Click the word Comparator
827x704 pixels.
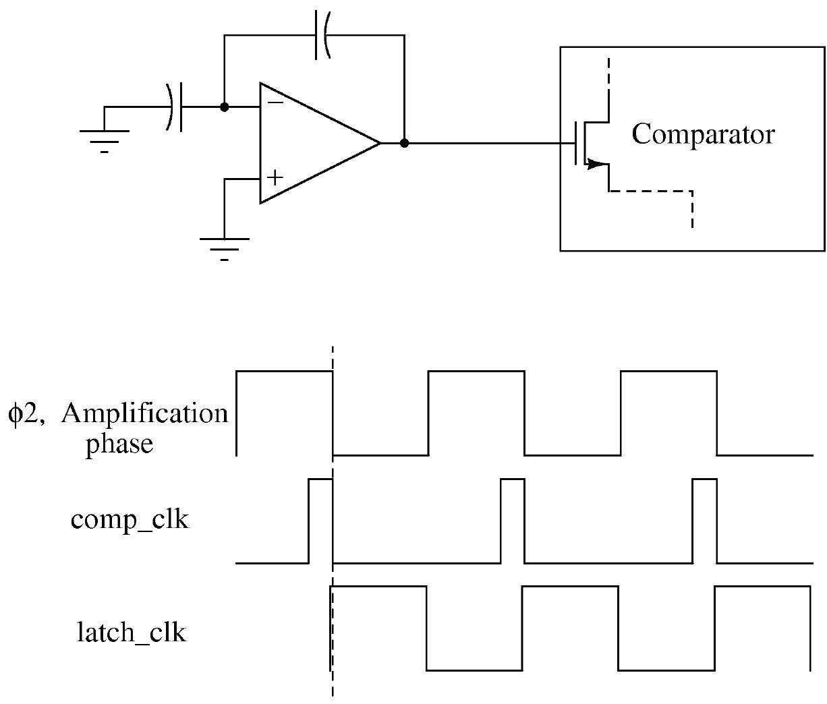coord(703,135)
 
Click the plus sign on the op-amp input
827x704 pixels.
coord(275,178)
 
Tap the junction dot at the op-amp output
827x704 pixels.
coord(404,143)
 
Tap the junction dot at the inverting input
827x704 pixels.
coord(225,107)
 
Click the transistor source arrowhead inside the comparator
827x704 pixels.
coord(593,163)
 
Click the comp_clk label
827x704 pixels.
coord(130,521)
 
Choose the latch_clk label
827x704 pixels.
coord(132,633)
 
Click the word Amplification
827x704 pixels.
coord(144,413)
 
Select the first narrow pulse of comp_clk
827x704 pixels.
coord(320,519)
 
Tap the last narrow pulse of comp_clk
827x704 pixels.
coord(705,519)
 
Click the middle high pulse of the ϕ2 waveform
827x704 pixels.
coord(476,411)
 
